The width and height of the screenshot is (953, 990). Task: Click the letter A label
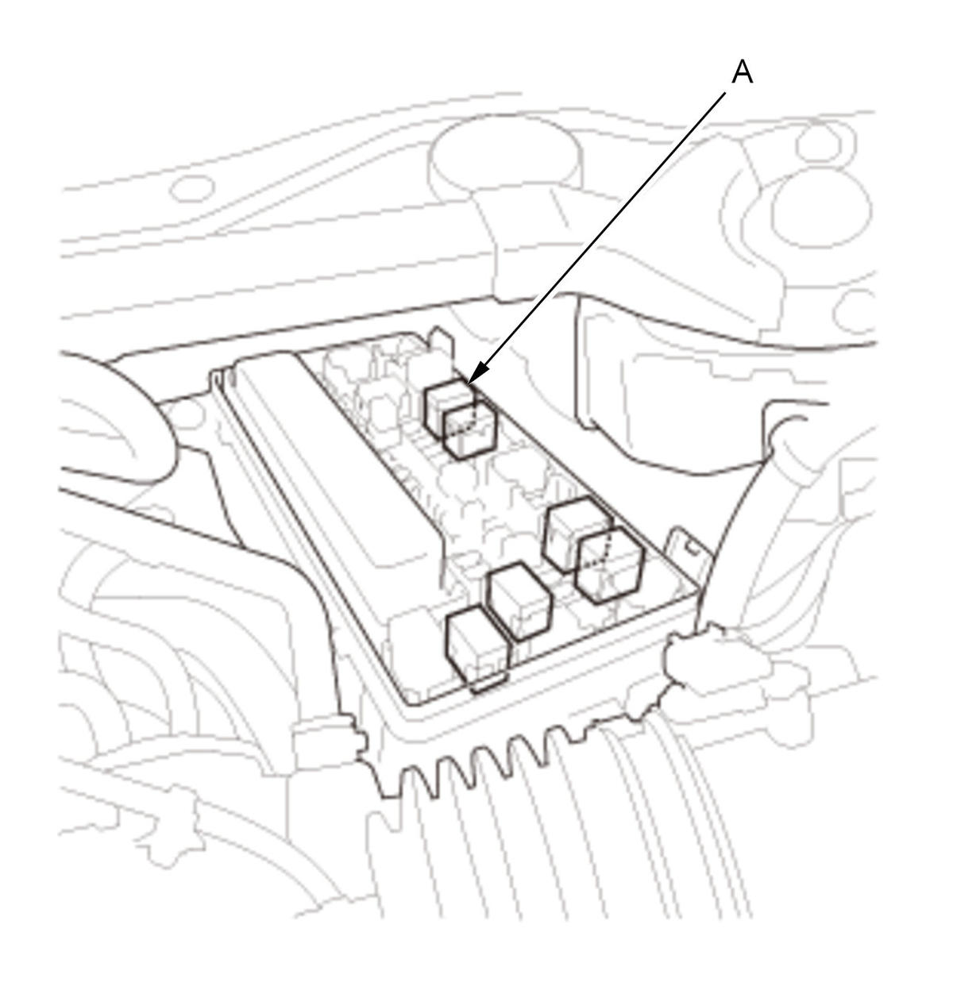(742, 71)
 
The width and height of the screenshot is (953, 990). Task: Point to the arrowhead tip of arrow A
(468, 384)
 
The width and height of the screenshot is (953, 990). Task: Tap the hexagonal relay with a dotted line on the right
(610, 565)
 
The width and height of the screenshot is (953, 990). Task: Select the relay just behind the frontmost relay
(519, 600)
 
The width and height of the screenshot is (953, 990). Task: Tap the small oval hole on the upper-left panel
(192, 189)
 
